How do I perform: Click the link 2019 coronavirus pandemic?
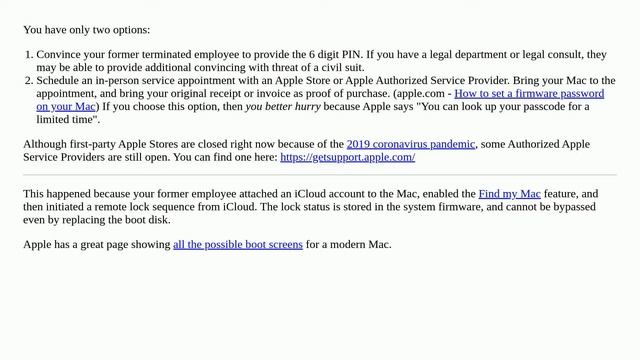(411, 144)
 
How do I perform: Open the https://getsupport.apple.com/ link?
(347, 157)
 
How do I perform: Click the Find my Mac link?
(509, 193)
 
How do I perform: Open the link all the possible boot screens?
(238, 244)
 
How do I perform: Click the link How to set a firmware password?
(529, 93)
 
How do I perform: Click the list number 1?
(29, 54)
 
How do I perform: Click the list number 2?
(29, 80)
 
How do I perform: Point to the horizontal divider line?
(320, 175)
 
